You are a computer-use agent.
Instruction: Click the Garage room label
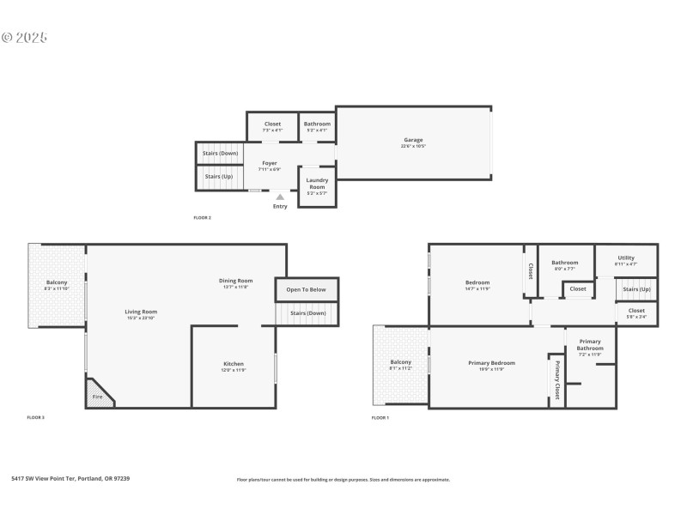pyautogui.click(x=413, y=140)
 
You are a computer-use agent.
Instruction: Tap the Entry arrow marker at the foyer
pyautogui.click(x=280, y=197)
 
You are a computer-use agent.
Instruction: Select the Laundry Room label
pyautogui.click(x=317, y=184)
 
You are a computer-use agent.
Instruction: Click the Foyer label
pyautogui.click(x=270, y=162)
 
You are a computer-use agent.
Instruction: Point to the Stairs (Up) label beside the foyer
pyautogui.click(x=217, y=177)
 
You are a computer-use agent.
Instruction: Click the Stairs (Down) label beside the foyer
pyautogui.click(x=220, y=154)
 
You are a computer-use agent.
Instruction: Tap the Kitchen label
pyautogui.click(x=234, y=364)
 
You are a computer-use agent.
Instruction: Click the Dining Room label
pyautogui.click(x=234, y=281)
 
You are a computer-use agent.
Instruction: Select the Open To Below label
pyautogui.click(x=307, y=289)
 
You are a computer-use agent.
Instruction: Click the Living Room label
pyautogui.click(x=142, y=312)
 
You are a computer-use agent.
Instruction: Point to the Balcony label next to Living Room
pyautogui.click(x=57, y=283)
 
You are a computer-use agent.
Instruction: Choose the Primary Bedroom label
pyautogui.click(x=491, y=363)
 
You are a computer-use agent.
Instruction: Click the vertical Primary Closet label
pyautogui.click(x=556, y=380)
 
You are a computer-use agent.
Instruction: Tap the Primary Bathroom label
pyautogui.click(x=590, y=345)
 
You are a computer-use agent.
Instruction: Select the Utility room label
pyautogui.click(x=626, y=257)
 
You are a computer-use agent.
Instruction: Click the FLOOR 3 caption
pyautogui.click(x=36, y=417)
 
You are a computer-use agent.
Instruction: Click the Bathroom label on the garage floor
pyautogui.click(x=317, y=124)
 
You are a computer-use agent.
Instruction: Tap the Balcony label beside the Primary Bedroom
pyautogui.click(x=401, y=362)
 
